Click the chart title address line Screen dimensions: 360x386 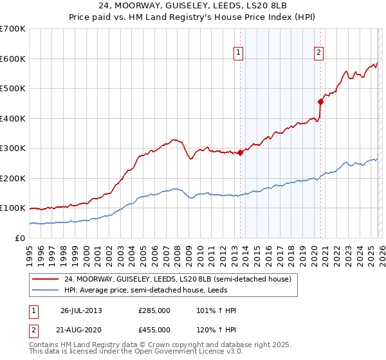click(192, 6)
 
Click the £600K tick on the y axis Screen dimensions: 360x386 click(12, 59)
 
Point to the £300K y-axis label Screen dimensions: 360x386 click(12, 148)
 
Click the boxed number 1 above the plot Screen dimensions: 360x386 click(239, 53)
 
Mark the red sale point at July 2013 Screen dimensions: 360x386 click(240, 152)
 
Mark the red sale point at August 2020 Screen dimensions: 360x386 click(320, 101)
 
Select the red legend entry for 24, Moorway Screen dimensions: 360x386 click(178, 279)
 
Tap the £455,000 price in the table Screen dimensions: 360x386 click(154, 329)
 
